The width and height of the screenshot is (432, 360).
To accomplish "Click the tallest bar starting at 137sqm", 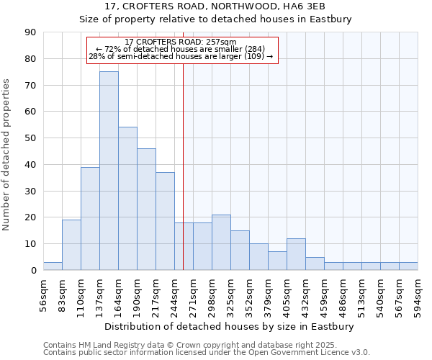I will [109, 171].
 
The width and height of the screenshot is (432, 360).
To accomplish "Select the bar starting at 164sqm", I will [127, 199].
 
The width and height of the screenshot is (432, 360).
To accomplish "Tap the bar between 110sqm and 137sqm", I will [90, 218].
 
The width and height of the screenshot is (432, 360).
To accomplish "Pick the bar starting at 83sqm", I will [71, 245].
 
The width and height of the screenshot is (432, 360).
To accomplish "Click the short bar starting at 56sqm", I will [53, 266].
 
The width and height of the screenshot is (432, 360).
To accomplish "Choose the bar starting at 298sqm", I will [221, 243].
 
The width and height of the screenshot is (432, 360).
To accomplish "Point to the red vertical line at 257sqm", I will [184, 180].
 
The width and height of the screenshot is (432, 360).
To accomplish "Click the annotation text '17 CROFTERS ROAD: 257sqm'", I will [181, 42].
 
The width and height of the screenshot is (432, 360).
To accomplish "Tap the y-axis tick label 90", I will [30, 32].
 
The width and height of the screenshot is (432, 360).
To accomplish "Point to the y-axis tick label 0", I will [33, 271].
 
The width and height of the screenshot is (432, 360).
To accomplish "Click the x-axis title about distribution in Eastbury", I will [230, 326].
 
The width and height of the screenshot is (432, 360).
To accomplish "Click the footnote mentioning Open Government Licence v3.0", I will [207, 353].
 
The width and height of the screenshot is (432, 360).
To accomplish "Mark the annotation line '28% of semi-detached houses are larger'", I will [181, 56].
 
